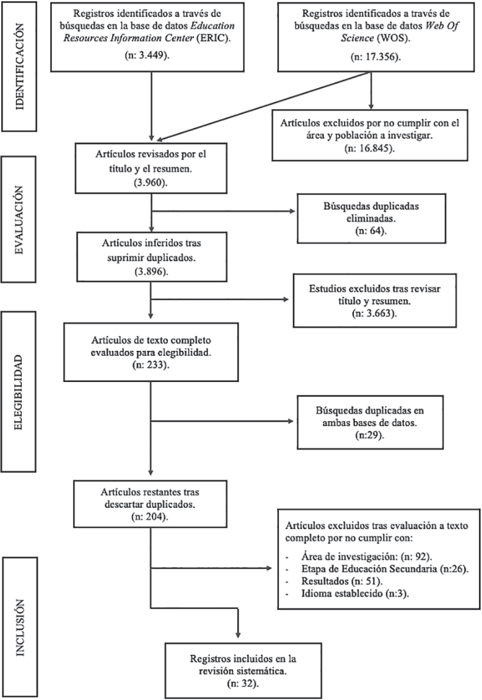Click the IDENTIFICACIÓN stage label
[x=20, y=67]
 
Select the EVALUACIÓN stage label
[x=20, y=219]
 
